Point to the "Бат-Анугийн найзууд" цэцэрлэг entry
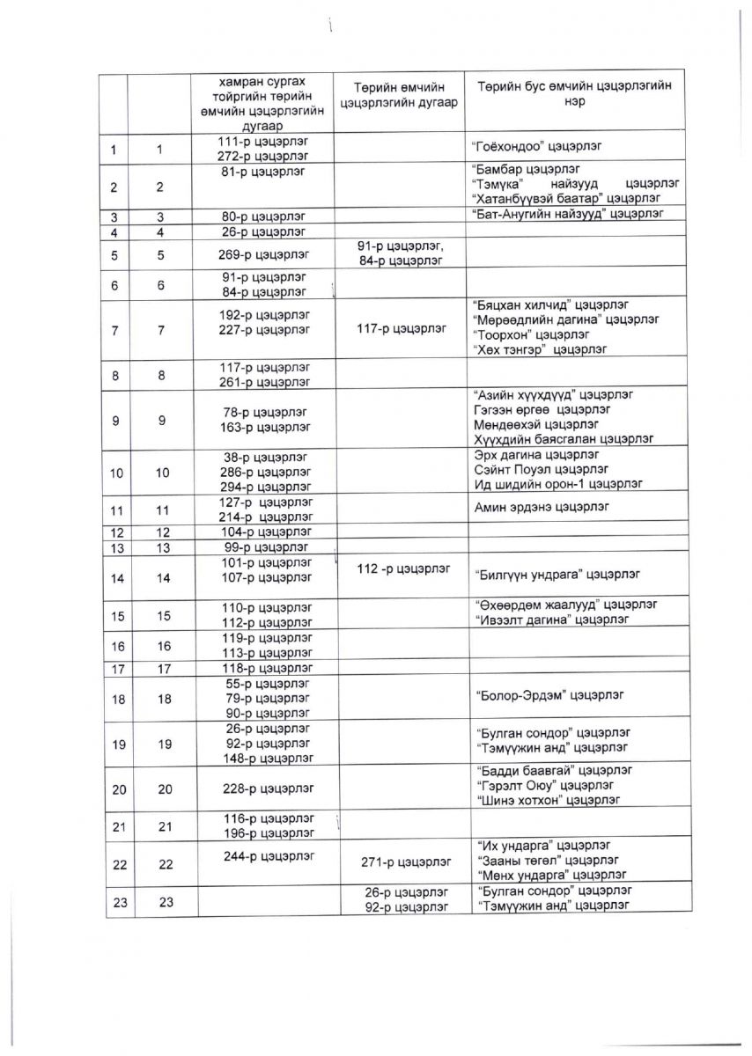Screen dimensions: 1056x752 point(566,214)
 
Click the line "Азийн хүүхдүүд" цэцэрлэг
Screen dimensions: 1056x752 point(552,394)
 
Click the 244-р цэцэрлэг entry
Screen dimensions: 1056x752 point(269,853)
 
